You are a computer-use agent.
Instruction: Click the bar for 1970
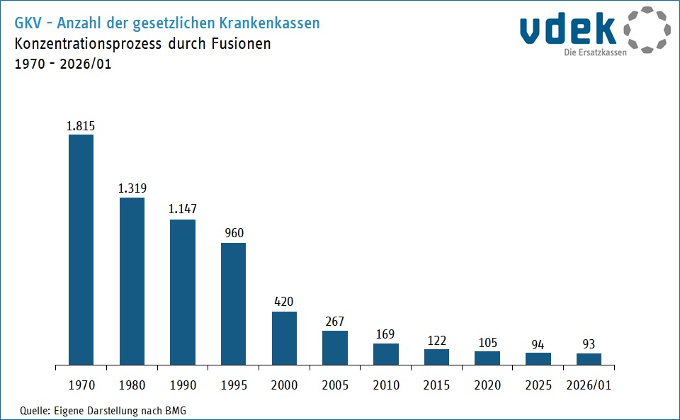click(81, 250)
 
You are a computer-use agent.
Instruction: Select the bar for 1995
click(233, 304)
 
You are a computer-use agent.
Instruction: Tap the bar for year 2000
click(284, 338)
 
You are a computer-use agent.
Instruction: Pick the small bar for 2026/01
click(589, 359)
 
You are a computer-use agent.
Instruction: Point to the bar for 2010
click(385, 354)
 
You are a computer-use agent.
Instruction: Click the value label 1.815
click(81, 126)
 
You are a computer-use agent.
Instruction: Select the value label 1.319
click(132, 188)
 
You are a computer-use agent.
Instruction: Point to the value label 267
click(335, 322)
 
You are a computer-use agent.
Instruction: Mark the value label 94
click(538, 344)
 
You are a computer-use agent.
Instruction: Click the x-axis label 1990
click(182, 385)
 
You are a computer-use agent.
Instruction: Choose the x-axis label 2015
click(436, 385)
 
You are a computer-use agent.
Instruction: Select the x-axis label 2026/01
click(589, 385)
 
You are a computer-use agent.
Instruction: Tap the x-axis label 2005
click(335, 385)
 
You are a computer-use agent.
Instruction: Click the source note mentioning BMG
click(103, 410)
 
